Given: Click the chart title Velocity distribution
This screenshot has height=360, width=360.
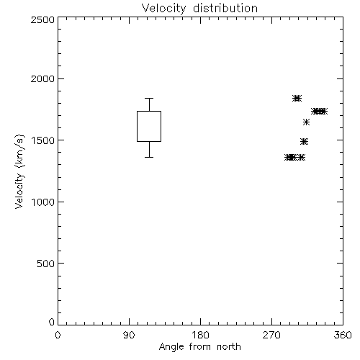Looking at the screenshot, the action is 199,9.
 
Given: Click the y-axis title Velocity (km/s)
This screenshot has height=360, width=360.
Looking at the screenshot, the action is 20,171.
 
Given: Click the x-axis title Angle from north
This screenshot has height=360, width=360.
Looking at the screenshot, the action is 199,347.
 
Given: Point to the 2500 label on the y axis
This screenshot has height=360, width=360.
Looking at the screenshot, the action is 42,19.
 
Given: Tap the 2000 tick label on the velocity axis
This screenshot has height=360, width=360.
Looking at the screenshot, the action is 42,78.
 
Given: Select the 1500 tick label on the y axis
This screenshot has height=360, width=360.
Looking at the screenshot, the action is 43,140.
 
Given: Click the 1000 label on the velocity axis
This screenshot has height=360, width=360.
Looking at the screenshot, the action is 43,202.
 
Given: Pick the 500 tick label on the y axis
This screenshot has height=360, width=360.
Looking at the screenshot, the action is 46,264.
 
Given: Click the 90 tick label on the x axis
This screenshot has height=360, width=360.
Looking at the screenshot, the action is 129,335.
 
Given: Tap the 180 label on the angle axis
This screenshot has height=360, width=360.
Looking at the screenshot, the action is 200,335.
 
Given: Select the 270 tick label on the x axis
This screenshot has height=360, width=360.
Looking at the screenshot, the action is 271,335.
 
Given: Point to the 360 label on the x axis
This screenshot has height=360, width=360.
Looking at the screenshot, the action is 343,335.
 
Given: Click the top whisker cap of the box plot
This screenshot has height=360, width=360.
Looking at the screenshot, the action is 149,98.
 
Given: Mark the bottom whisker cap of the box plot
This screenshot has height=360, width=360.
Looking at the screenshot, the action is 149,157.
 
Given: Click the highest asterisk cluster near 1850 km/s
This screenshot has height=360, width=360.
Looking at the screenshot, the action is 297,98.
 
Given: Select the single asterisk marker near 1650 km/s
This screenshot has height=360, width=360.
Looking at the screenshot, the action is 306,122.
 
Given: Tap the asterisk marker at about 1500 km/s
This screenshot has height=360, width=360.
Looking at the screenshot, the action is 304,142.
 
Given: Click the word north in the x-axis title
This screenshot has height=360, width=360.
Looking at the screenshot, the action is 229,347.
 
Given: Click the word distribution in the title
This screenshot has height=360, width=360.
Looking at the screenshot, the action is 225,9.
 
